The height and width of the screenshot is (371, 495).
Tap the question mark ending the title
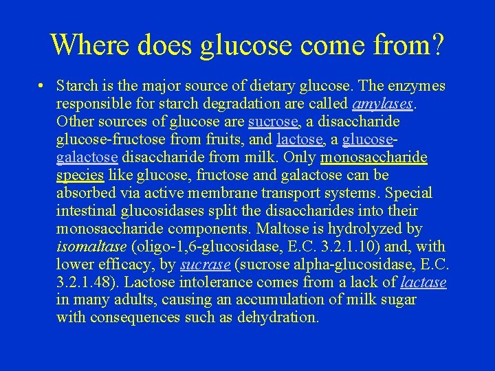[435, 45]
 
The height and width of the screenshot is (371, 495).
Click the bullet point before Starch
[42, 87]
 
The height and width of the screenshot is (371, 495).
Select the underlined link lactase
[423, 282]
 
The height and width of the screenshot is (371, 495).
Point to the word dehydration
[278, 318]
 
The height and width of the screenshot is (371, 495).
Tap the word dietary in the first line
[272, 87]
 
